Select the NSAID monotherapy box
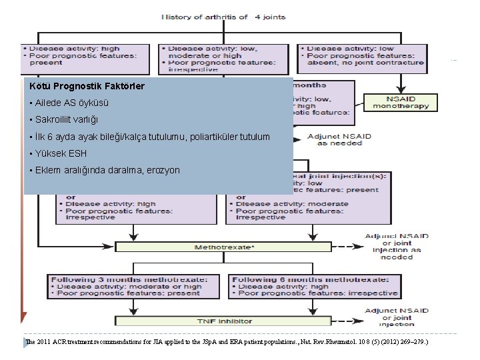point(400,102)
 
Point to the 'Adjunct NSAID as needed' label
point(339,139)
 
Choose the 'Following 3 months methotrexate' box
point(125,286)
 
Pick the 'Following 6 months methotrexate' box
point(314,286)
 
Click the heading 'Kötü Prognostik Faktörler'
point(87,87)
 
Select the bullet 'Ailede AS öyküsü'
point(69,103)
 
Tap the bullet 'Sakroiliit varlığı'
point(64,120)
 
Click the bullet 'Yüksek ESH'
point(58,153)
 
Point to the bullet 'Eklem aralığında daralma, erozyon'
point(105,170)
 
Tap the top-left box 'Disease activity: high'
point(85,55)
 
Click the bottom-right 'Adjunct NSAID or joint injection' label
point(397,317)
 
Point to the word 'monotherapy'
point(400,106)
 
